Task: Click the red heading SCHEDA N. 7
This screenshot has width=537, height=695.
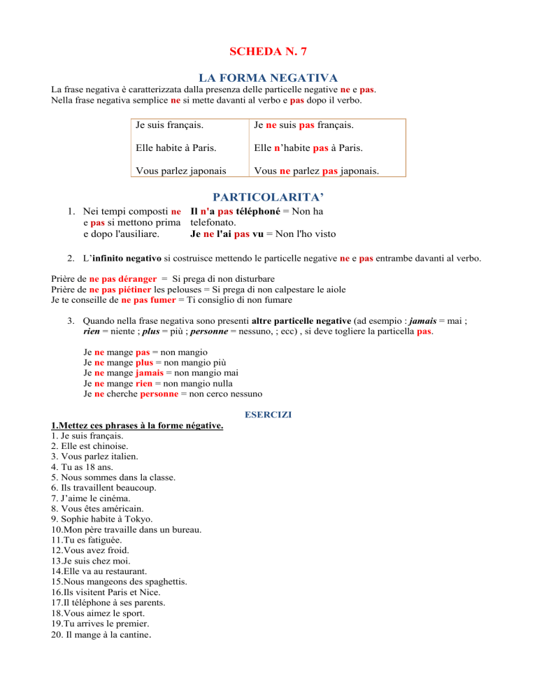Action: coord(268,52)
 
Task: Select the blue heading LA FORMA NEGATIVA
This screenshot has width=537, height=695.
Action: coord(268,78)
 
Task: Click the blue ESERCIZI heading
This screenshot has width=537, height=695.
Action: coord(268,414)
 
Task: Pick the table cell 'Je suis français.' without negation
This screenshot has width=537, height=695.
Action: coord(170,127)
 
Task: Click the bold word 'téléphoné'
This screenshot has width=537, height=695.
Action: coord(259,211)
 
